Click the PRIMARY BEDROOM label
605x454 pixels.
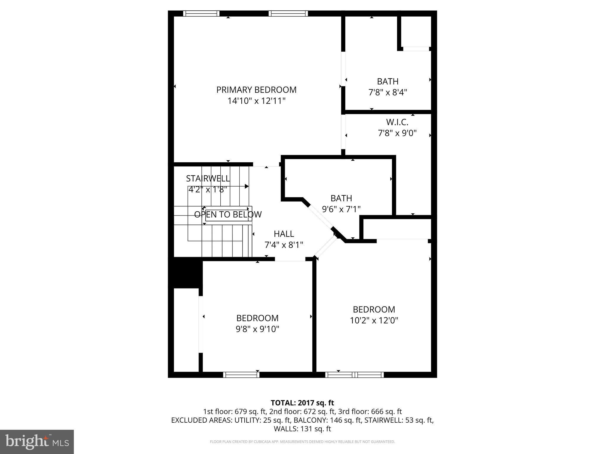click(256, 90)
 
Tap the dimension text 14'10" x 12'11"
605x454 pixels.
click(256, 101)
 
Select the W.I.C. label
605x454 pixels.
click(397, 122)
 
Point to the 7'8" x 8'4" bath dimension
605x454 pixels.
click(388, 93)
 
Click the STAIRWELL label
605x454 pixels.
click(208, 179)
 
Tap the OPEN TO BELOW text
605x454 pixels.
click(228, 214)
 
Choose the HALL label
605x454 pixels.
click(284, 234)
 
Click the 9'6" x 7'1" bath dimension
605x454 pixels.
click(341, 209)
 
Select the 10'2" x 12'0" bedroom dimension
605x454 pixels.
click(374, 320)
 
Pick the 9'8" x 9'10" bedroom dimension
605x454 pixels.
click(257, 329)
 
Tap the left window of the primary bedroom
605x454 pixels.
click(201, 13)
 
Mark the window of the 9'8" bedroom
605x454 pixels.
click(241, 375)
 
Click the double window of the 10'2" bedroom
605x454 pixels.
click(354, 375)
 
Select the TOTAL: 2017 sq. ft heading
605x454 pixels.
click(302, 403)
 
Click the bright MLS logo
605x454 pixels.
click(37, 442)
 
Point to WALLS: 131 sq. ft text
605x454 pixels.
click(302, 429)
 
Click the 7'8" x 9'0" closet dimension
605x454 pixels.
click(397, 133)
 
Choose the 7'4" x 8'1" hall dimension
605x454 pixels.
click(284, 245)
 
